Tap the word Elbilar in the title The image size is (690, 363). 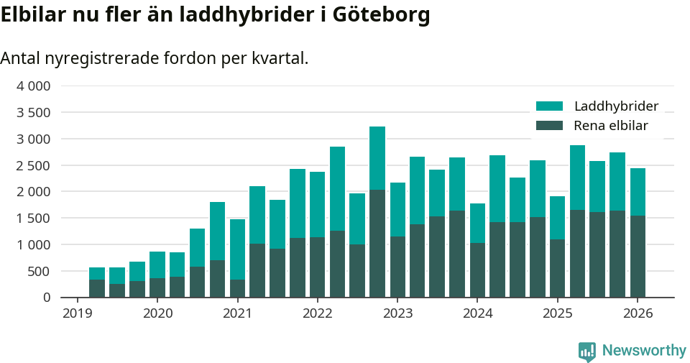click(33, 15)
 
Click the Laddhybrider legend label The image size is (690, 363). click(616, 106)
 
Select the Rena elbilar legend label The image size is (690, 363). click(610, 126)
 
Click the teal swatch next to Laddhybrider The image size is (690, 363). click(549, 106)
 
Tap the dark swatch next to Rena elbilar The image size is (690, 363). click(549, 126)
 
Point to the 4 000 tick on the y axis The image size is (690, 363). click(33, 86)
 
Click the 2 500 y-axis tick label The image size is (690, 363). click(33, 165)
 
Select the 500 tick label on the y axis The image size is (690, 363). click(39, 271)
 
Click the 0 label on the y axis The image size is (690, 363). click(47, 298)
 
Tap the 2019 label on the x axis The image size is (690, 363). click(78, 313)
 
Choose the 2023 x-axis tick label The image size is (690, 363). click(397, 313)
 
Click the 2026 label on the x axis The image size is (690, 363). click(638, 313)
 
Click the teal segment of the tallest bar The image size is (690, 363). click(377, 158)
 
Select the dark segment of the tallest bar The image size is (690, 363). click(377, 244)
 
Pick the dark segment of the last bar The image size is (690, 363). click(638, 257)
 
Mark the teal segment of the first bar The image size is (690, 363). click(97, 274)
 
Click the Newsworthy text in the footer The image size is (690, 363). click(644, 351)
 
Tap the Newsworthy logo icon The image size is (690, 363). click(586, 351)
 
